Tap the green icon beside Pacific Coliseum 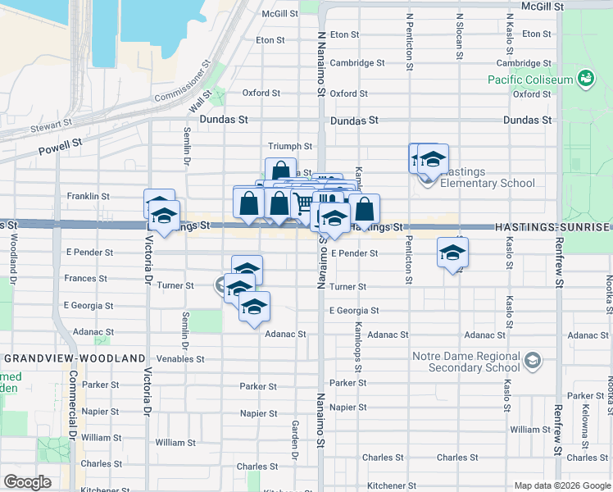click(x=586, y=79)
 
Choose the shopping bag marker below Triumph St click(x=280, y=171)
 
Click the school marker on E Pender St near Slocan click(x=452, y=252)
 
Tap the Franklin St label click(x=89, y=197)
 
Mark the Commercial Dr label click(x=72, y=401)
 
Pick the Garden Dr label click(x=294, y=440)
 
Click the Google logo click(x=27, y=482)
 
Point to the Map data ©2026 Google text click(x=561, y=485)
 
